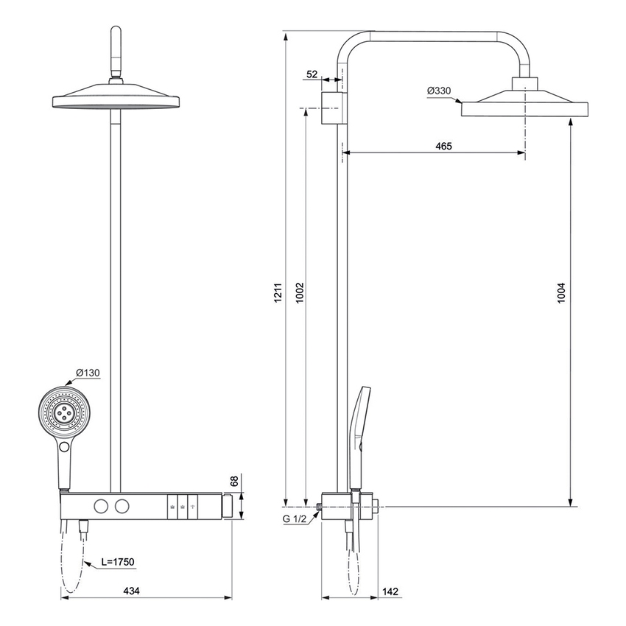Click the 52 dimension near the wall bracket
pos(312,74)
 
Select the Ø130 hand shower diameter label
pos(88,372)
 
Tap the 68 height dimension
pos(235,482)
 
